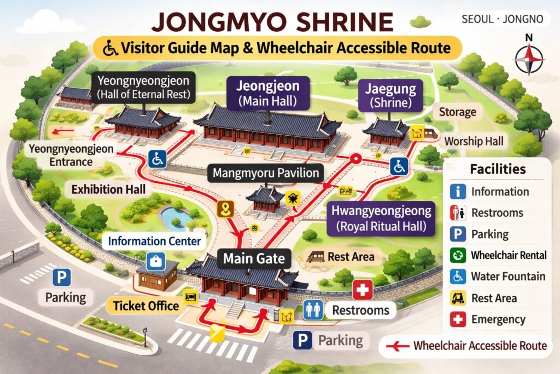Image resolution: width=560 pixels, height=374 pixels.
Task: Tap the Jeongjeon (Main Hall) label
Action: point(268,94)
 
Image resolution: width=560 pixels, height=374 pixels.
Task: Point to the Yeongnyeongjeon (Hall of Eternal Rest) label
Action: point(143,87)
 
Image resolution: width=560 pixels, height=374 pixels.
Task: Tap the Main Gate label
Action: point(255,258)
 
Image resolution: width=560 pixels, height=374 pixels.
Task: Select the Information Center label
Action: point(154,240)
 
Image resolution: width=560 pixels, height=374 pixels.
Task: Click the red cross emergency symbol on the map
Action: point(362,289)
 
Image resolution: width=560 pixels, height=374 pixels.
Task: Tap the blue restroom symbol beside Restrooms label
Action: point(313,309)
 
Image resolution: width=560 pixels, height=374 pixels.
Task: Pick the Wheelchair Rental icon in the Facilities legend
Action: point(457,255)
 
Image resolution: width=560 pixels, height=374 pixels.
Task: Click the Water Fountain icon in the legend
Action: point(457,277)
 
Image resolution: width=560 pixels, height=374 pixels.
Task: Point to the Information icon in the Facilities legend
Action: point(457,191)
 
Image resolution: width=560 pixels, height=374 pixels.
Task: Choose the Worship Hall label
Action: point(474,141)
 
